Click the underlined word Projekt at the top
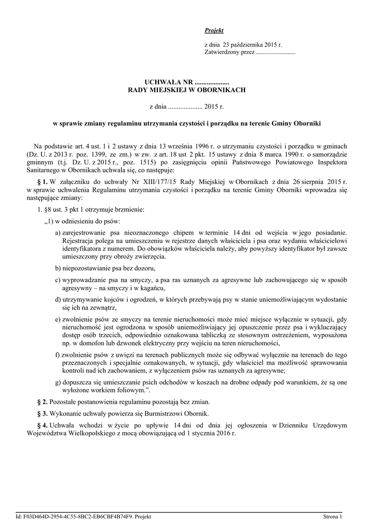pyautogui.click(x=214, y=31)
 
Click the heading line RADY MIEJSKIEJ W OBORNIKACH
pyautogui.click(x=187, y=90)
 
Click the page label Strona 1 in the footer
pyautogui.click(x=333, y=516)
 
